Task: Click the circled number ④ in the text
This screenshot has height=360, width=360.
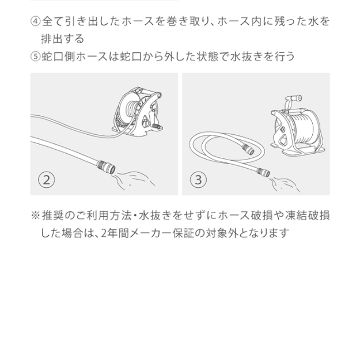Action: click(x=35, y=21)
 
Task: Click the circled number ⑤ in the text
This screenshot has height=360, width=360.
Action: click(x=35, y=56)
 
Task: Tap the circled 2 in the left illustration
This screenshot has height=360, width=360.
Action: click(x=47, y=180)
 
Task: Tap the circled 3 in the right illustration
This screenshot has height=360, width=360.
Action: click(x=198, y=180)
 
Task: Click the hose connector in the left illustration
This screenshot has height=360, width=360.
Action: click(x=106, y=166)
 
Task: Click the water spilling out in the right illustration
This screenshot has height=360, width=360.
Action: click(x=285, y=184)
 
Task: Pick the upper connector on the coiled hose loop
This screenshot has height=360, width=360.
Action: click(x=248, y=149)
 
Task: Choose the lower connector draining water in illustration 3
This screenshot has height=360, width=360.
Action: click(x=263, y=172)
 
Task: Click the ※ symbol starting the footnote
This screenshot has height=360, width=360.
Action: click(x=35, y=215)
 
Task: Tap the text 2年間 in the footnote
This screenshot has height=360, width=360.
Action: click(x=115, y=233)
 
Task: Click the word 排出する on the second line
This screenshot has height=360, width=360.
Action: click(x=62, y=39)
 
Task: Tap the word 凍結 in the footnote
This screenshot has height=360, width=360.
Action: click(x=296, y=215)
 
